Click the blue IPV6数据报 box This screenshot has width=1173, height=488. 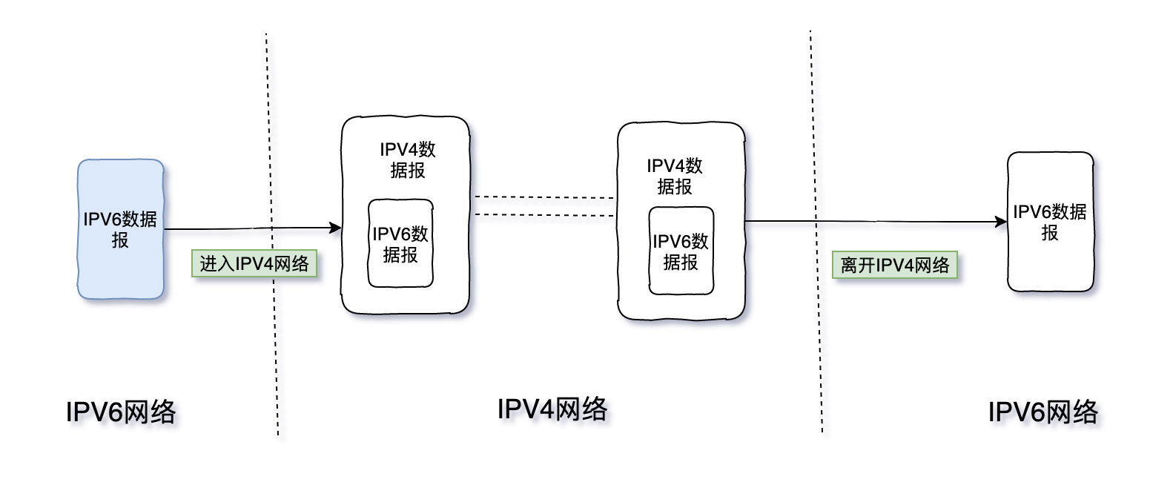point(120,229)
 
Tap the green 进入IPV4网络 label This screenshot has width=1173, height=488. point(254,263)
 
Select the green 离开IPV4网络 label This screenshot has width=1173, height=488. point(894,265)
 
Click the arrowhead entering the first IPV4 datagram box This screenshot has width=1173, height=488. point(335,228)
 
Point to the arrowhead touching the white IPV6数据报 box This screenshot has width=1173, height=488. point(1001,222)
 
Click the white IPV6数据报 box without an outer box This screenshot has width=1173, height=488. point(1051,222)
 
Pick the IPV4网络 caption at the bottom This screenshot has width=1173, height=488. point(552,409)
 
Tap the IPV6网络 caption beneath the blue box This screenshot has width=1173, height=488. point(121,412)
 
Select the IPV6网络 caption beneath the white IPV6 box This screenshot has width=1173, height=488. point(1043,412)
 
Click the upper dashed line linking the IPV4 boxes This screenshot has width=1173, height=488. point(544,197)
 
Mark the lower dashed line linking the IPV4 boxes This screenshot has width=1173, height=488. point(544,215)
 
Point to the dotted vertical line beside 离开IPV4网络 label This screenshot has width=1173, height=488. point(816,231)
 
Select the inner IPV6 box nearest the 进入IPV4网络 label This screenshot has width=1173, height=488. point(400,243)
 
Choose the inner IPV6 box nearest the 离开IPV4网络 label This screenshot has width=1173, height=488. point(681,251)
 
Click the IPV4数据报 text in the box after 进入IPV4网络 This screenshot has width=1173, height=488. point(408,159)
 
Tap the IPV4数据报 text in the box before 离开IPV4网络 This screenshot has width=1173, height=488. point(675,176)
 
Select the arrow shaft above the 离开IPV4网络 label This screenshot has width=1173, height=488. point(870,222)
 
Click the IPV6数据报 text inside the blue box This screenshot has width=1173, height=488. point(120,229)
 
